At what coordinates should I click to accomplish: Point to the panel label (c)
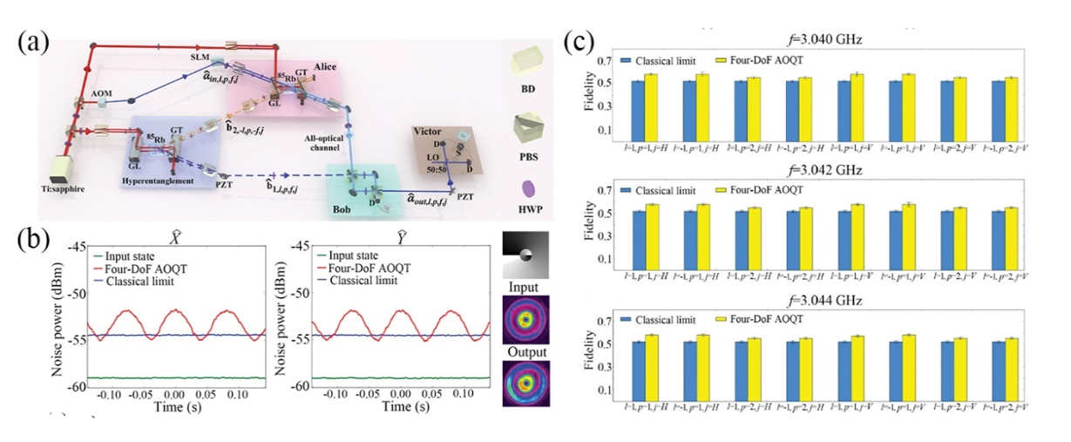[x=580, y=41]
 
